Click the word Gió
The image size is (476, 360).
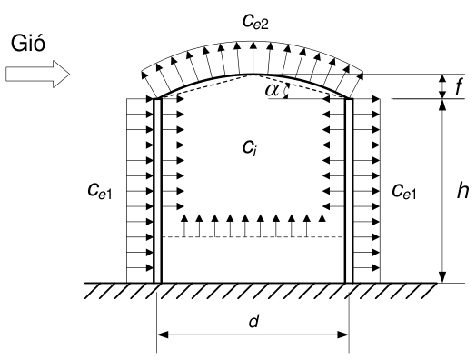tap(28, 43)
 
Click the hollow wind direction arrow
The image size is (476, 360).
tap(37, 75)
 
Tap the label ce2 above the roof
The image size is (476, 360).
tap(255, 21)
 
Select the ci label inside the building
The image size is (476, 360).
tap(250, 148)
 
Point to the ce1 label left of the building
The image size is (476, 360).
tap(100, 192)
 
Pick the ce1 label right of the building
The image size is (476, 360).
tap(404, 192)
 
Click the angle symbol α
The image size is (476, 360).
tap(272, 90)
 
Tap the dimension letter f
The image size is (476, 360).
tap(460, 86)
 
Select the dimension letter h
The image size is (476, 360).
tap(462, 191)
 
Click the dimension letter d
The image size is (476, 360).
tap(253, 321)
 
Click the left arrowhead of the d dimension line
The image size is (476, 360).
tap(163, 335)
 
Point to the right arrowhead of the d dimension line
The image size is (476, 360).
tap(343, 335)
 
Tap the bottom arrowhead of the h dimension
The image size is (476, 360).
tap(443, 276)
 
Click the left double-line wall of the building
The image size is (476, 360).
tap(157, 191)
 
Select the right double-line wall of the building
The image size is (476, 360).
tap(349, 191)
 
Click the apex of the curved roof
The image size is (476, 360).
tap(253, 74)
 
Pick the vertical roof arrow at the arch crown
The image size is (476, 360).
tap(253, 57)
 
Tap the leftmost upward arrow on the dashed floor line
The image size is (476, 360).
tap(184, 225)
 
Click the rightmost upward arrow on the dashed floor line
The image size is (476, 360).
tap(322, 225)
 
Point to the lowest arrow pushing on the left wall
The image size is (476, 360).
tap(140, 267)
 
